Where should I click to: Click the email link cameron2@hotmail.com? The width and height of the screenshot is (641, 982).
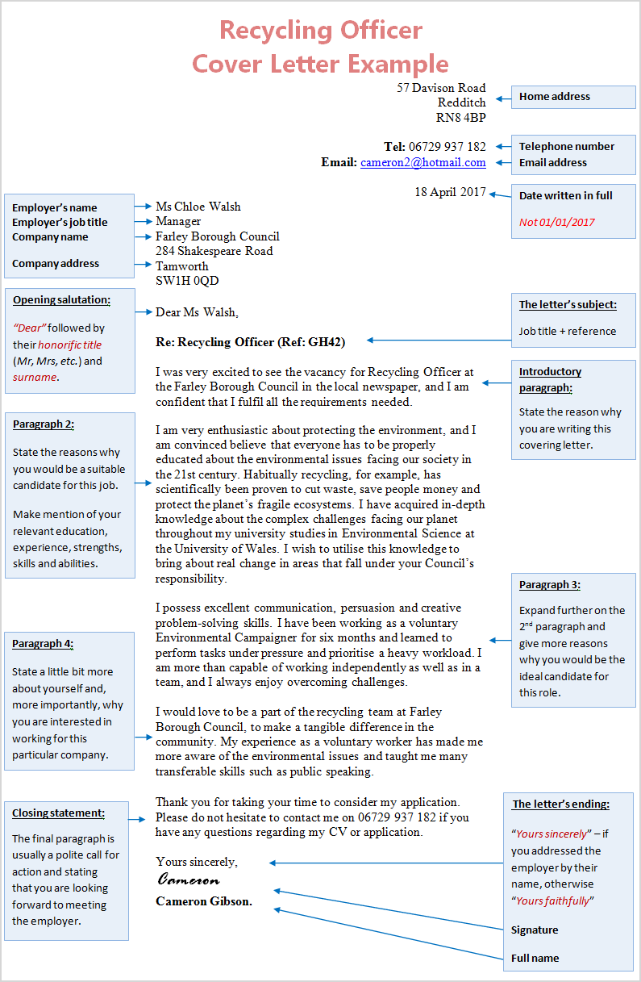(422, 162)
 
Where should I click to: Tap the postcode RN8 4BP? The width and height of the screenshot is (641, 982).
(460, 118)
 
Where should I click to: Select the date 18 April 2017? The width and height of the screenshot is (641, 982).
(450, 192)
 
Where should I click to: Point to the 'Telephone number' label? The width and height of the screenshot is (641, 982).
(566, 147)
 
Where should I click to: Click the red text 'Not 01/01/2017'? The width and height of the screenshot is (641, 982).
(556, 222)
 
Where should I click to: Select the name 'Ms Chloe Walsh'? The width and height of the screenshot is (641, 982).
(198, 207)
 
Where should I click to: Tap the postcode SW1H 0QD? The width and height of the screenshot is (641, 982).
(187, 281)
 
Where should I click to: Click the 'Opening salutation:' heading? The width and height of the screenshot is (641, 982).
(61, 300)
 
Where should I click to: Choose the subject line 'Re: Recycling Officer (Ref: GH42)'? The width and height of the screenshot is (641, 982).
(250, 342)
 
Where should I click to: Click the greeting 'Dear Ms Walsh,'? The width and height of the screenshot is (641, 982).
(197, 312)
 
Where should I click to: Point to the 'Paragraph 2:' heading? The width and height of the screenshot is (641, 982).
(44, 424)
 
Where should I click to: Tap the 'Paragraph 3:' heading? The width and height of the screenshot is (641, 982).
(549, 585)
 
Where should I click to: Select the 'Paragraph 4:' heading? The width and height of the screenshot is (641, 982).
(43, 644)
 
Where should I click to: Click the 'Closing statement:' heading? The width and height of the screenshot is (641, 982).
(58, 813)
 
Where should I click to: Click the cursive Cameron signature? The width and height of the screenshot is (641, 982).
(188, 880)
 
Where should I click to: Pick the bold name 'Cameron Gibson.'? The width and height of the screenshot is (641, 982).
(204, 901)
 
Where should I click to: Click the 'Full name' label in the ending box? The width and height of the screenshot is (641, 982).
(535, 959)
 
